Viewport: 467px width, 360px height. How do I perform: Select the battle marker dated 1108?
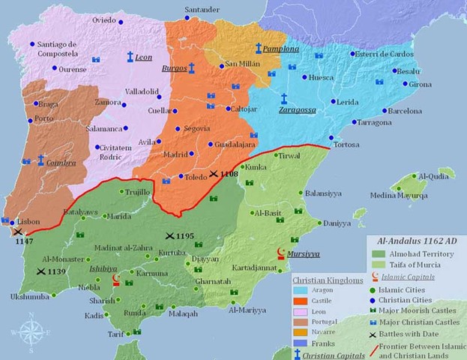[x=214, y=173]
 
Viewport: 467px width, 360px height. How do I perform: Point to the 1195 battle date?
[x=184, y=236]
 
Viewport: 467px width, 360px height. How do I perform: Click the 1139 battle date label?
[x=57, y=271]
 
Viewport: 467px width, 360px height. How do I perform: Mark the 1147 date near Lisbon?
[x=25, y=242]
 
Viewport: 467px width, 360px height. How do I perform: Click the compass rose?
[x=31, y=329]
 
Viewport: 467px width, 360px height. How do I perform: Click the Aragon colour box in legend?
[x=302, y=288]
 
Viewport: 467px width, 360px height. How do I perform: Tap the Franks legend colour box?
[x=302, y=344]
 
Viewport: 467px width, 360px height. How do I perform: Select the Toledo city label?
[x=194, y=178]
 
